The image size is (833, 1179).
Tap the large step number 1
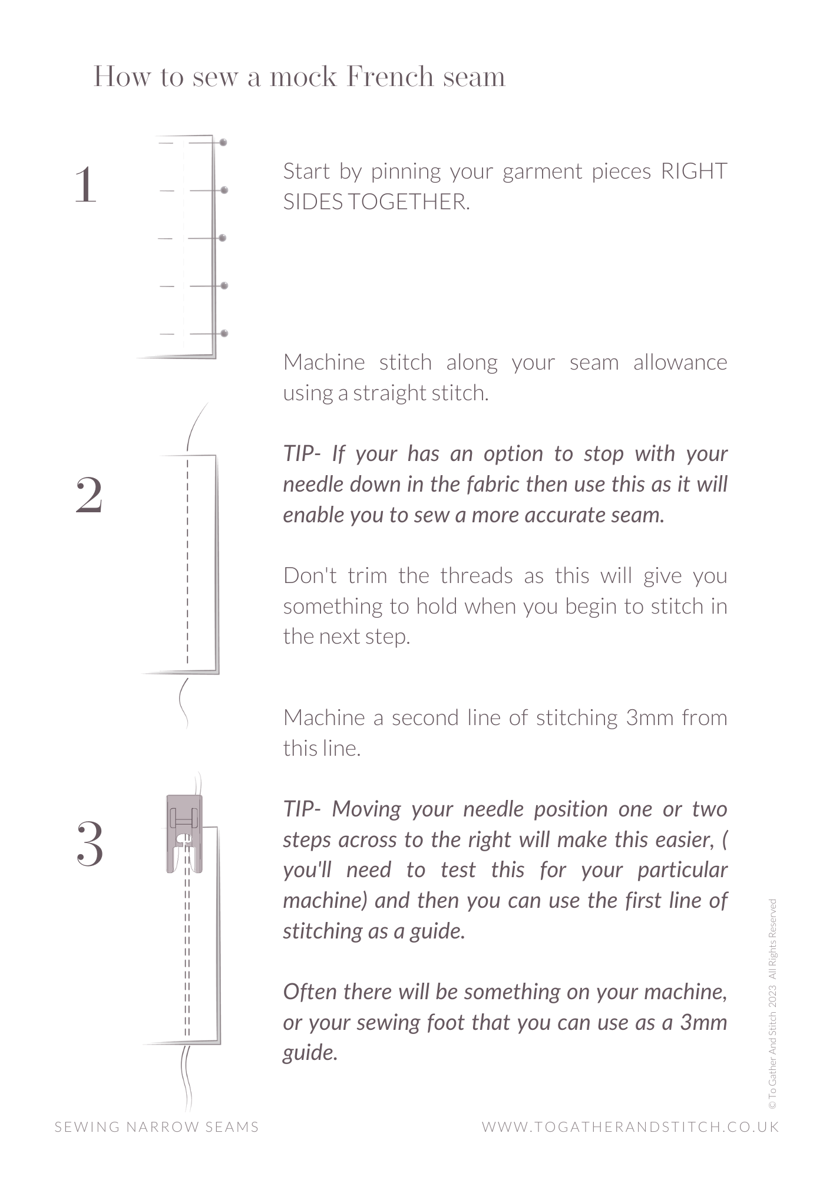86,185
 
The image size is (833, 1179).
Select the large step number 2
90,496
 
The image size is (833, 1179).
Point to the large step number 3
90,844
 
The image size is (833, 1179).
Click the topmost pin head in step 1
223,143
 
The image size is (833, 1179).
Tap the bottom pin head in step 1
224,334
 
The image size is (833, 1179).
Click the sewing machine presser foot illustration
184,833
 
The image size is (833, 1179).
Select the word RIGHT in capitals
693,172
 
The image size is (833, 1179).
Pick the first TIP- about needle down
302,454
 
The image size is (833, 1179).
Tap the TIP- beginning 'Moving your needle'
302,809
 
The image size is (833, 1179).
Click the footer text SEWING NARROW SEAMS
157,1127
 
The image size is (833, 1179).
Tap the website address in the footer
630,1127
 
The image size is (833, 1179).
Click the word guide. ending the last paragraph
310,1053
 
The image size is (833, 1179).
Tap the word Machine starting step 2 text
324,363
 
